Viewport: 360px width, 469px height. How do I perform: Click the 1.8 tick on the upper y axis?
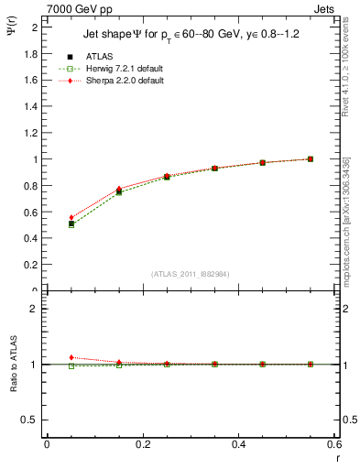[x=32, y=53]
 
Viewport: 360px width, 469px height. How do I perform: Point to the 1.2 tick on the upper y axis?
[x=32, y=133]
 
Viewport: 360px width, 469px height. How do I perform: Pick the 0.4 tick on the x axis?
[x=239, y=444]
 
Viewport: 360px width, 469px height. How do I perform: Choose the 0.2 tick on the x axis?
[x=143, y=444]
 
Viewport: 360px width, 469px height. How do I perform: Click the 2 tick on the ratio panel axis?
[x=38, y=309]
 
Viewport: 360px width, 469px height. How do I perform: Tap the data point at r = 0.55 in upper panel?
[x=311, y=158]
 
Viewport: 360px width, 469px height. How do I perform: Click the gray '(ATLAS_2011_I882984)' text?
[x=191, y=274]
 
